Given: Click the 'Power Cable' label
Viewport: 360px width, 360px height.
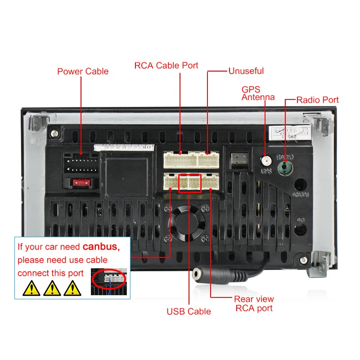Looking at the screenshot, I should pyautogui.click(x=83, y=71).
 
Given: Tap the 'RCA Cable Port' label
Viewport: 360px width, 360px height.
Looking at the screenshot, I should pyautogui.click(x=166, y=65).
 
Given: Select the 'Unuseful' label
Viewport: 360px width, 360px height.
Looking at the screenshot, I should pyautogui.click(x=246, y=71).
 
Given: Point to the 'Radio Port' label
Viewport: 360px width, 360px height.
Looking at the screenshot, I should pyautogui.click(x=317, y=99).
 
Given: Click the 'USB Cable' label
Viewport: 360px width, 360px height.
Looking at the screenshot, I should pyautogui.click(x=189, y=311).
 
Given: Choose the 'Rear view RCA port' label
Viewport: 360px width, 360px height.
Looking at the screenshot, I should pyautogui.click(x=253, y=304).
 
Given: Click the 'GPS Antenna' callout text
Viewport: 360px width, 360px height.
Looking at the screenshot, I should pyautogui.click(x=258, y=93).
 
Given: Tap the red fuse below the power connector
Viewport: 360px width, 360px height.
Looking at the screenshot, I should pyautogui.click(x=81, y=183).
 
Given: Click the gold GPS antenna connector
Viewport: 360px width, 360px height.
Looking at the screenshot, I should pyautogui.click(x=266, y=160).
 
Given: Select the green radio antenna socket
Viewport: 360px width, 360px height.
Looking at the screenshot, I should pyautogui.click(x=284, y=168).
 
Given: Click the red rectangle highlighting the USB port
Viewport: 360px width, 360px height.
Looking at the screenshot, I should pyautogui.click(x=189, y=183).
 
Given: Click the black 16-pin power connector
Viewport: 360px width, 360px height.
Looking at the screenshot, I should pyautogui.click(x=81, y=163).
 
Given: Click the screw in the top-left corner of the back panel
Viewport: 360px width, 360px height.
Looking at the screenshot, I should pyautogui.click(x=54, y=133).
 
